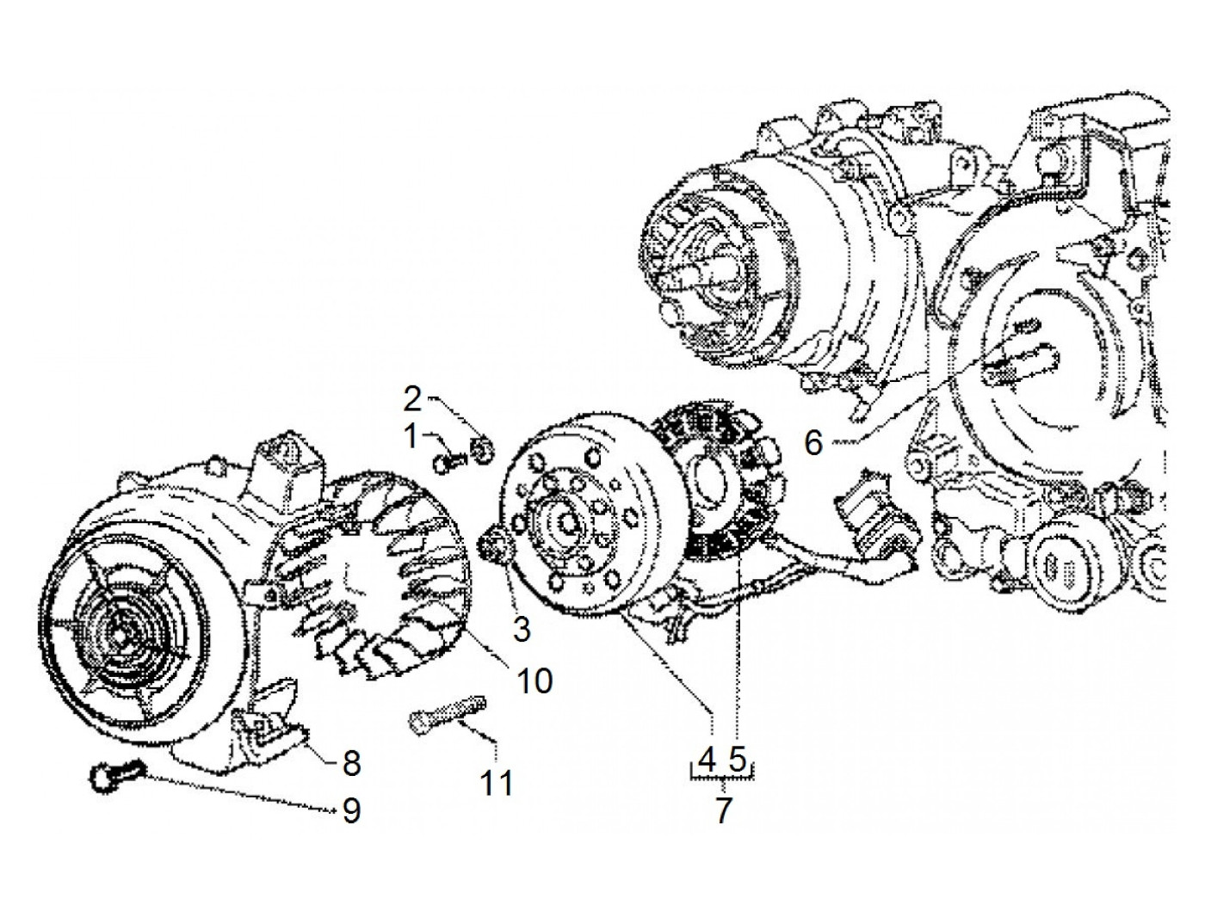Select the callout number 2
click(414, 399)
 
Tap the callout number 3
click(522, 629)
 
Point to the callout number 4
click(708, 759)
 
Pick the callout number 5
click(737, 759)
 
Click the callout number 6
click(813, 444)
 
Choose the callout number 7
click(723, 810)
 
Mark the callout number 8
click(351, 762)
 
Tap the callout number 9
click(351, 811)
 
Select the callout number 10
click(534, 681)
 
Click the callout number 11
click(497, 783)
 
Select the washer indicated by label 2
click(484, 447)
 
